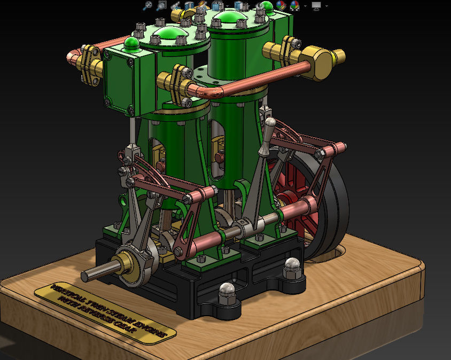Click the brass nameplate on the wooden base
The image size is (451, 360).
pyautogui.click(x=105, y=310)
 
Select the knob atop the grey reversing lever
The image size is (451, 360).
pyautogui.click(x=270, y=123)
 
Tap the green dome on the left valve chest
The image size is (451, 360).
pyautogui.click(x=132, y=42)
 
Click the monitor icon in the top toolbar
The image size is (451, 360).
pyautogui.click(x=316, y=6)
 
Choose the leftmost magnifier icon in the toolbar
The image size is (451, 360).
pyautogui.click(x=148, y=6)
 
